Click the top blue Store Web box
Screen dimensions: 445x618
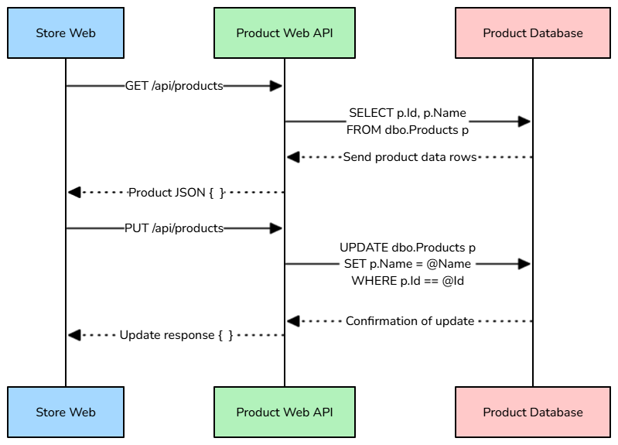66,33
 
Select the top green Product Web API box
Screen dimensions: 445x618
285,33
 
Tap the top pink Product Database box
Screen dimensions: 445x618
533,33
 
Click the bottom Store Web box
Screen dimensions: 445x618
66,412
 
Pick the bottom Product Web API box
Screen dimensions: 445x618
285,412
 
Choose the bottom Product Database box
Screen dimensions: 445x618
533,412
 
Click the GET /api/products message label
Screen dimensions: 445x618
174,86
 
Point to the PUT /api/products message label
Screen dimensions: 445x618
174,228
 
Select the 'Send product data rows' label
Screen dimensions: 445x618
409,157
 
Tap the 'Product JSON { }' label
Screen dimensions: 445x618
176,192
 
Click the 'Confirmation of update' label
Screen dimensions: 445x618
409,320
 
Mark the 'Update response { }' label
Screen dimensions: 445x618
176,335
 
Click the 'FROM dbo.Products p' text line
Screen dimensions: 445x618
408,130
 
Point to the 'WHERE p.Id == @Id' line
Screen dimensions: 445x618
408,280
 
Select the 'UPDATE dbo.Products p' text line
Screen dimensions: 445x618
408,248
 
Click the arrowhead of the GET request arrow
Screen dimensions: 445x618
276,86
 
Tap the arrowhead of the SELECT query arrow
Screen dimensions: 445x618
524,122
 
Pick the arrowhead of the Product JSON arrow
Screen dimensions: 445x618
74,192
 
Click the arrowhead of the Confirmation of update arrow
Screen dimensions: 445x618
293,320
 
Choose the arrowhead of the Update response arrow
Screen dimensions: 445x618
74,335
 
